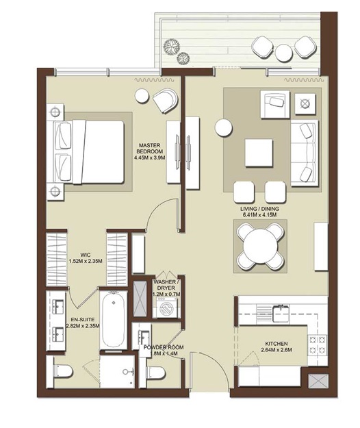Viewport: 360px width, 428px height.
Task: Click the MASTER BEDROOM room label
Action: tap(149, 149)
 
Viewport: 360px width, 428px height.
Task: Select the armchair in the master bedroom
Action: tap(164, 102)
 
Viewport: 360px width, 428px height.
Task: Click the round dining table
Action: tap(261, 246)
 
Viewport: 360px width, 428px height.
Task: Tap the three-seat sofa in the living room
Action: tap(305, 151)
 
